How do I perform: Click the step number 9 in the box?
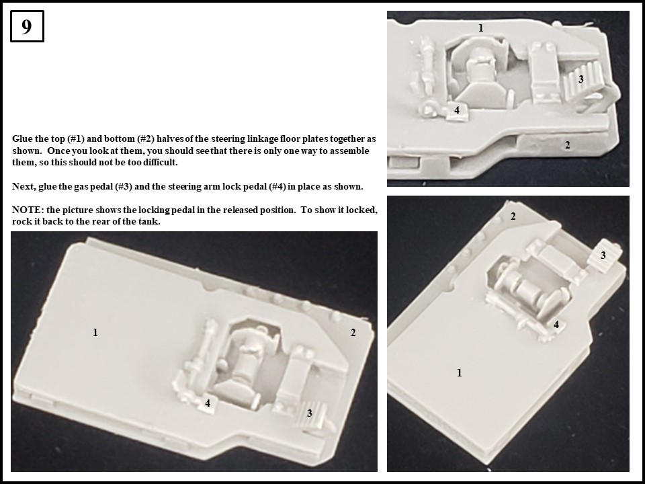pyautogui.click(x=27, y=27)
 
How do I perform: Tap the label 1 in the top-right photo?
pyautogui.click(x=481, y=28)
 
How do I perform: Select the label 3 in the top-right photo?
pyautogui.click(x=581, y=79)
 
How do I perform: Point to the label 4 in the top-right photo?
pyautogui.click(x=457, y=110)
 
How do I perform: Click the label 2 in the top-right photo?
pyautogui.click(x=568, y=145)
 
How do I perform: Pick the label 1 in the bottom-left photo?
pyautogui.click(x=95, y=332)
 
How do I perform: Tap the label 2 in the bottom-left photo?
pyautogui.click(x=353, y=332)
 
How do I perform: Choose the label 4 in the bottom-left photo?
pyautogui.click(x=208, y=403)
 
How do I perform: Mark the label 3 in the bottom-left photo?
pyautogui.click(x=310, y=413)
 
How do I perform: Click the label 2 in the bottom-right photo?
pyautogui.click(x=513, y=216)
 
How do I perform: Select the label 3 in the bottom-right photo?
pyautogui.click(x=603, y=255)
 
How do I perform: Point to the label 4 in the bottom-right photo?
pyautogui.click(x=556, y=325)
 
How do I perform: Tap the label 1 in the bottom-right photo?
pyautogui.click(x=460, y=372)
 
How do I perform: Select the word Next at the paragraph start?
pyautogui.click(x=24, y=186)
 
